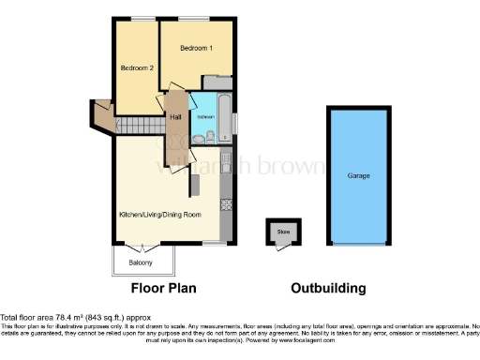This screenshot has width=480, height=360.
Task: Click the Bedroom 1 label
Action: [198, 47]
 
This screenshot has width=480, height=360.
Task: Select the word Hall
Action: [175, 116]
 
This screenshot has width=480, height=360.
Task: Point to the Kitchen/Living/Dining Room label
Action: [160, 215]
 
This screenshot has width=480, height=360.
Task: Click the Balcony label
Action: [141, 262]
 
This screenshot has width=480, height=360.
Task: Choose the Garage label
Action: [358, 175]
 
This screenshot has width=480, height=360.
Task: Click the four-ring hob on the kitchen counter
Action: [226, 202]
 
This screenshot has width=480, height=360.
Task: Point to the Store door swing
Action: [282, 245]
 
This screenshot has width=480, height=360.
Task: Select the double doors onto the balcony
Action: [142, 247]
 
